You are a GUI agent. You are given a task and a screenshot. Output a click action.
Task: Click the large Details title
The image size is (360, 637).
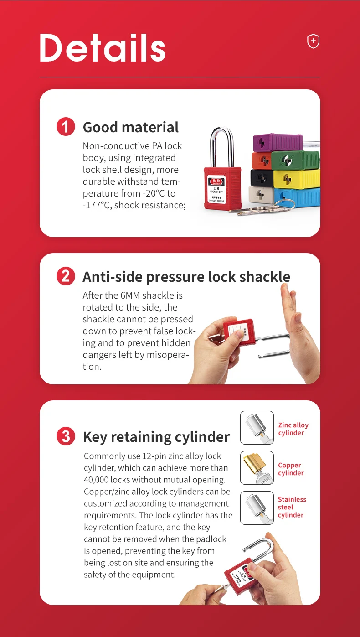pos(103,48)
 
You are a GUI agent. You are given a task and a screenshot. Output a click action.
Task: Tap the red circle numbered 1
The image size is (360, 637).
pos(66,127)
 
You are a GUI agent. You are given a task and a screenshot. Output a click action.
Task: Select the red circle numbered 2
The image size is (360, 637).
pos(66,276)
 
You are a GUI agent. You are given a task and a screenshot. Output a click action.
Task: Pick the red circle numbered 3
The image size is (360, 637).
pos(66,436)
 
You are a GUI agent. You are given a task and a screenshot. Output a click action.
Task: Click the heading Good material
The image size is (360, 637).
pos(131,127)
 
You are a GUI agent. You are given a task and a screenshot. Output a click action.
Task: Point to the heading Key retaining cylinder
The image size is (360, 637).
pos(156,437)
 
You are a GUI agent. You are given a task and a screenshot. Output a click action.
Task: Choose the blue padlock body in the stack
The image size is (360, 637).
pos(298,197)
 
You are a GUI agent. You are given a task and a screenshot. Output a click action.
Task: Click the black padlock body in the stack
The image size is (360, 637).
pos(262,177)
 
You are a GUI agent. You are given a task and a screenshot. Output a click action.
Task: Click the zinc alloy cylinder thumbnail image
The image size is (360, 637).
pos(257,428)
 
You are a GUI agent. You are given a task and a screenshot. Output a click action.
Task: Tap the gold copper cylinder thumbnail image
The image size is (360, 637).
pos(257,468)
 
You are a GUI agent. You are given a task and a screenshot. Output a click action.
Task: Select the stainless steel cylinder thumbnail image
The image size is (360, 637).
pos(257,508)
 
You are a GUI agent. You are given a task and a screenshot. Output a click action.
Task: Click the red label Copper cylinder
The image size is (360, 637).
pos(291,469)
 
